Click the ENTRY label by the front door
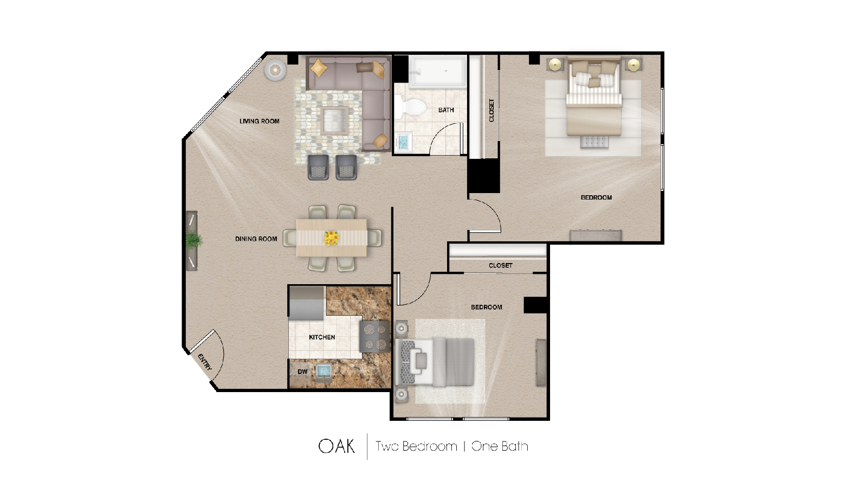(204, 362)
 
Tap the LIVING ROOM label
(260, 121)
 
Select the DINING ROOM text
(256, 239)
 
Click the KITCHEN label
(322, 337)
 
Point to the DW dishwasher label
(302, 372)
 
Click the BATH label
(446, 110)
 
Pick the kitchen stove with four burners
(374, 337)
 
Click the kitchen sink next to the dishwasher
(324, 371)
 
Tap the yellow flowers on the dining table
(331, 238)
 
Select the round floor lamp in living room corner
(275, 69)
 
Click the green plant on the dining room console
(193, 239)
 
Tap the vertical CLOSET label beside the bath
(492, 110)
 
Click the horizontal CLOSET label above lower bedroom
(500, 266)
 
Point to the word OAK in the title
(337, 446)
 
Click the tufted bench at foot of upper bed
(594, 142)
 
